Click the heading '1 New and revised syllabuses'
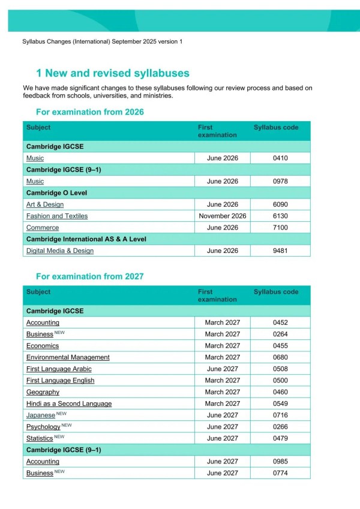(x=113, y=73)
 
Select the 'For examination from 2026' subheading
(x=90, y=112)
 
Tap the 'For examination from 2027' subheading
(x=90, y=276)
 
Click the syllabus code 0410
(x=280, y=158)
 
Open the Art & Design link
(x=45, y=204)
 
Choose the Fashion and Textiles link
(x=57, y=216)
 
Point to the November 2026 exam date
(x=223, y=216)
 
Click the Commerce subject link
(x=43, y=228)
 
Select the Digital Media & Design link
(x=60, y=251)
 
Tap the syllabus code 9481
(x=280, y=251)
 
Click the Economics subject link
(x=43, y=346)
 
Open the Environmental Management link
(x=68, y=357)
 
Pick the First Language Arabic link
(x=59, y=369)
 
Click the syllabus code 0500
(x=280, y=380)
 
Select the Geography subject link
(x=43, y=392)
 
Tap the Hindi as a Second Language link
(x=69, y=403)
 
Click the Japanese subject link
(x=40, y=415)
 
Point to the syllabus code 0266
(x=280, y=427)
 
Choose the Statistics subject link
(x=40, y=439)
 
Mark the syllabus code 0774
(x=280, y=473)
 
